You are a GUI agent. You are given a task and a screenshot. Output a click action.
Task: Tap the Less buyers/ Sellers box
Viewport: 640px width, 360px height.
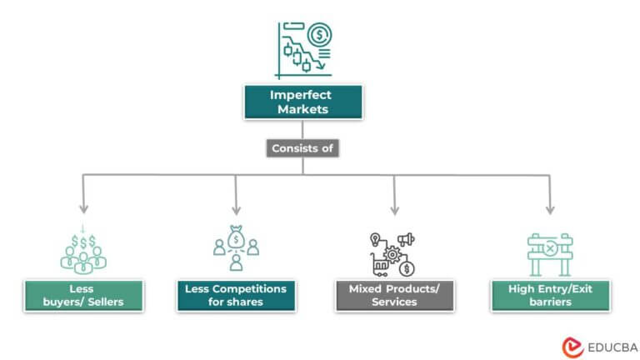pyautogui.click(x=82, y=296)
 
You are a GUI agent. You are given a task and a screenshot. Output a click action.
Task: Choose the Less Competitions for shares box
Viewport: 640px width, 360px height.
pyautogui.click(x=235, y=296)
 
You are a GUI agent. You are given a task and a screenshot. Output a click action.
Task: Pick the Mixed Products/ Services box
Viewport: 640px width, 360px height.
pyautogui.click(x=394, y=296)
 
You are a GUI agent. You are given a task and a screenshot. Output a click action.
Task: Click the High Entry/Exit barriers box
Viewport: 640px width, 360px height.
pyautogui.click(x=549, y=296)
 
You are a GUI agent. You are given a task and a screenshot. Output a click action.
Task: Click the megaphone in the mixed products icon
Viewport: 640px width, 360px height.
pyautogui.click(x=406, y=240)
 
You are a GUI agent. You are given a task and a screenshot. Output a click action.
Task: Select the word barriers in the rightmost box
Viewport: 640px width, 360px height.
pyautogui.click(x=549, y=302)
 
